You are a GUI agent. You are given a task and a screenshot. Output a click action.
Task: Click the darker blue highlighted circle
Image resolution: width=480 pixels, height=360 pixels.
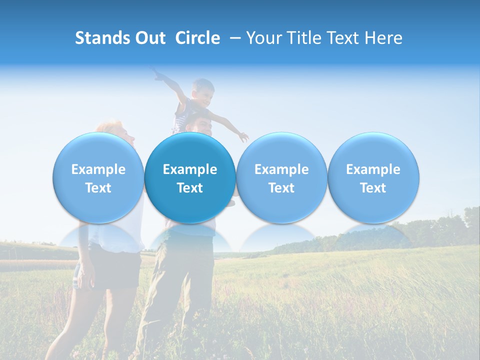pyautogui.click(x=190, y=178)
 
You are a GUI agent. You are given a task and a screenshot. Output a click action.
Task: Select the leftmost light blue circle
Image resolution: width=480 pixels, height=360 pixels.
pyautogui.click(x=98, y=178)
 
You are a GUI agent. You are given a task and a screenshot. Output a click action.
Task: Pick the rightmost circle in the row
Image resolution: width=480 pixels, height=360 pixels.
pyautogui.click(x=373, y=178)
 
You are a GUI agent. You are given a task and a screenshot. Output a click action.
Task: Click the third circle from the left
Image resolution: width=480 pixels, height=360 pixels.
pyautogui.click(x=281, y=178)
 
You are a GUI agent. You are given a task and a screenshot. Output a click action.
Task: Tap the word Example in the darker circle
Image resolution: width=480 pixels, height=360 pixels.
pyautogui.click(x=190, y=169)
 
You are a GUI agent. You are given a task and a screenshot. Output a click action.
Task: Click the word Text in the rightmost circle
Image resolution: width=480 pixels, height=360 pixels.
pyautogui.click(x=373, y=188)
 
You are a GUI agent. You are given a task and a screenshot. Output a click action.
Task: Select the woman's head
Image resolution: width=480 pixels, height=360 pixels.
pyautogui.click(x=116, y=130)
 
